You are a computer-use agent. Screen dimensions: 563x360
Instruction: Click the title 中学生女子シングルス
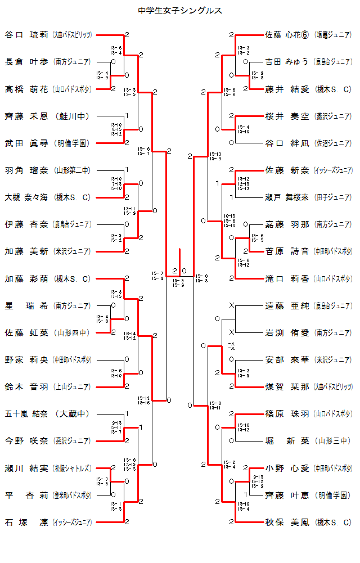pos(180,10)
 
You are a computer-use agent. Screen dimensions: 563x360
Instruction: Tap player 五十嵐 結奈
pos(28,414)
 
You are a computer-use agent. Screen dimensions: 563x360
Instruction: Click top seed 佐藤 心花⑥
pos(287,35)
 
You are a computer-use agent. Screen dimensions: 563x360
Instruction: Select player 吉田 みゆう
pos(287,62)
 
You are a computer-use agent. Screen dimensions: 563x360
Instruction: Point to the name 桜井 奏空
pos(287,116)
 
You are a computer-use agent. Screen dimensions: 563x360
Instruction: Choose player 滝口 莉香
pos(287,278)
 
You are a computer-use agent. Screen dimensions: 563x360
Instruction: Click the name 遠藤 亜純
pos(287,306)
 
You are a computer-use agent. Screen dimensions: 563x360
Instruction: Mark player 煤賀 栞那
pos(287,387)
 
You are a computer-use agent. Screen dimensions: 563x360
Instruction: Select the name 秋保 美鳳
pos(287,523)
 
